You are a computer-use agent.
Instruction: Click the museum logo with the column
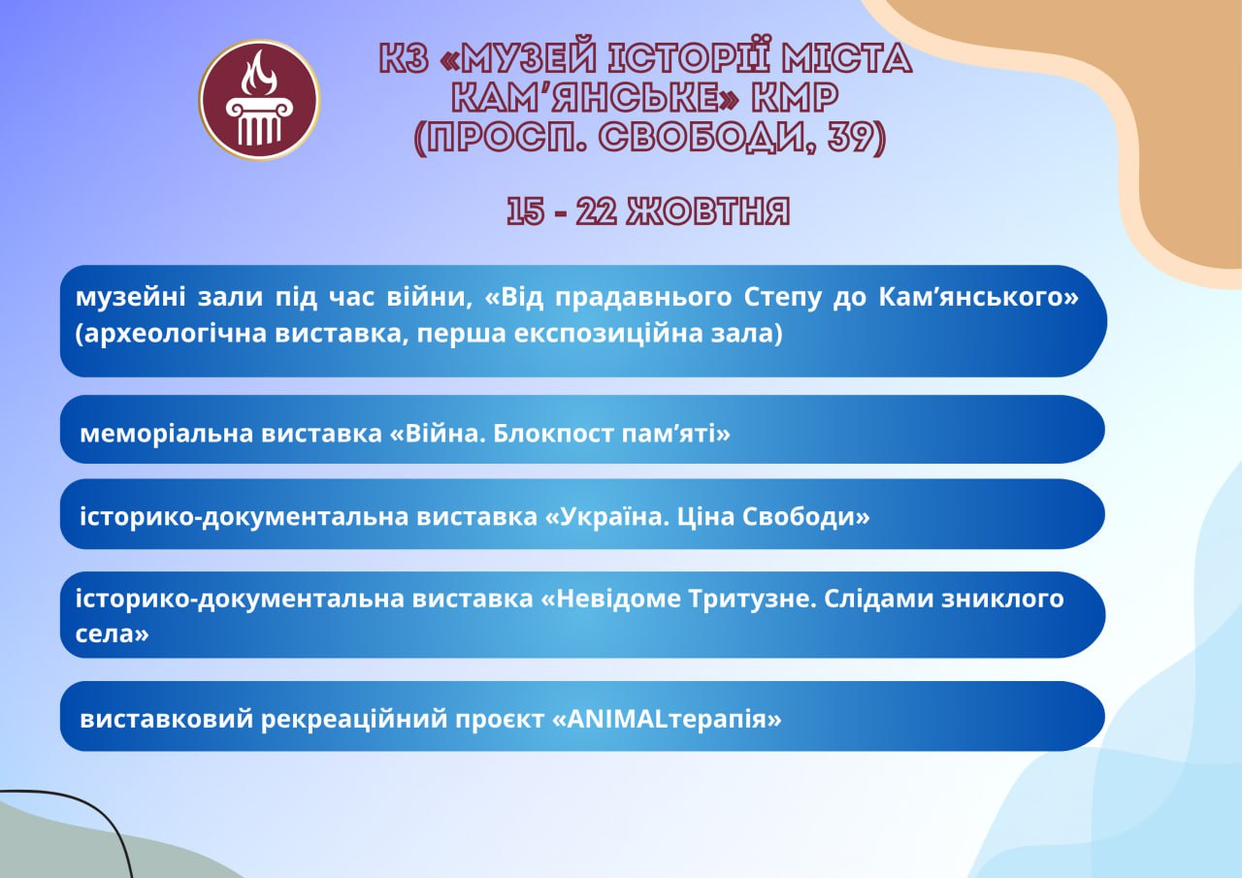(x=259, y=100)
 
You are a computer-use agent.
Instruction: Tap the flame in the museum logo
(x=259, y=74)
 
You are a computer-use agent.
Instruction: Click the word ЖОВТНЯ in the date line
(x=708, y=211)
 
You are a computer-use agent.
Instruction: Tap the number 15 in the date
(x=525, y=211)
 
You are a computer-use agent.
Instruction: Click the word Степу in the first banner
(x=782, y=298)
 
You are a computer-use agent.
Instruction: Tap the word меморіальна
(x=166, y=433)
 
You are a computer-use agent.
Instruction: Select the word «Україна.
(x=604, y=516)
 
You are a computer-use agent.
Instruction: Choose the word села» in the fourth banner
(x=112, y=634)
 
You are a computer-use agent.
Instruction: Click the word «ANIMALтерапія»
(x=667, y=719)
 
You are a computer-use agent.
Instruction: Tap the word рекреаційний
(x=354, y=719)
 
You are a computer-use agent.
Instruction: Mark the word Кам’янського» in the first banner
(x=979, y=297)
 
